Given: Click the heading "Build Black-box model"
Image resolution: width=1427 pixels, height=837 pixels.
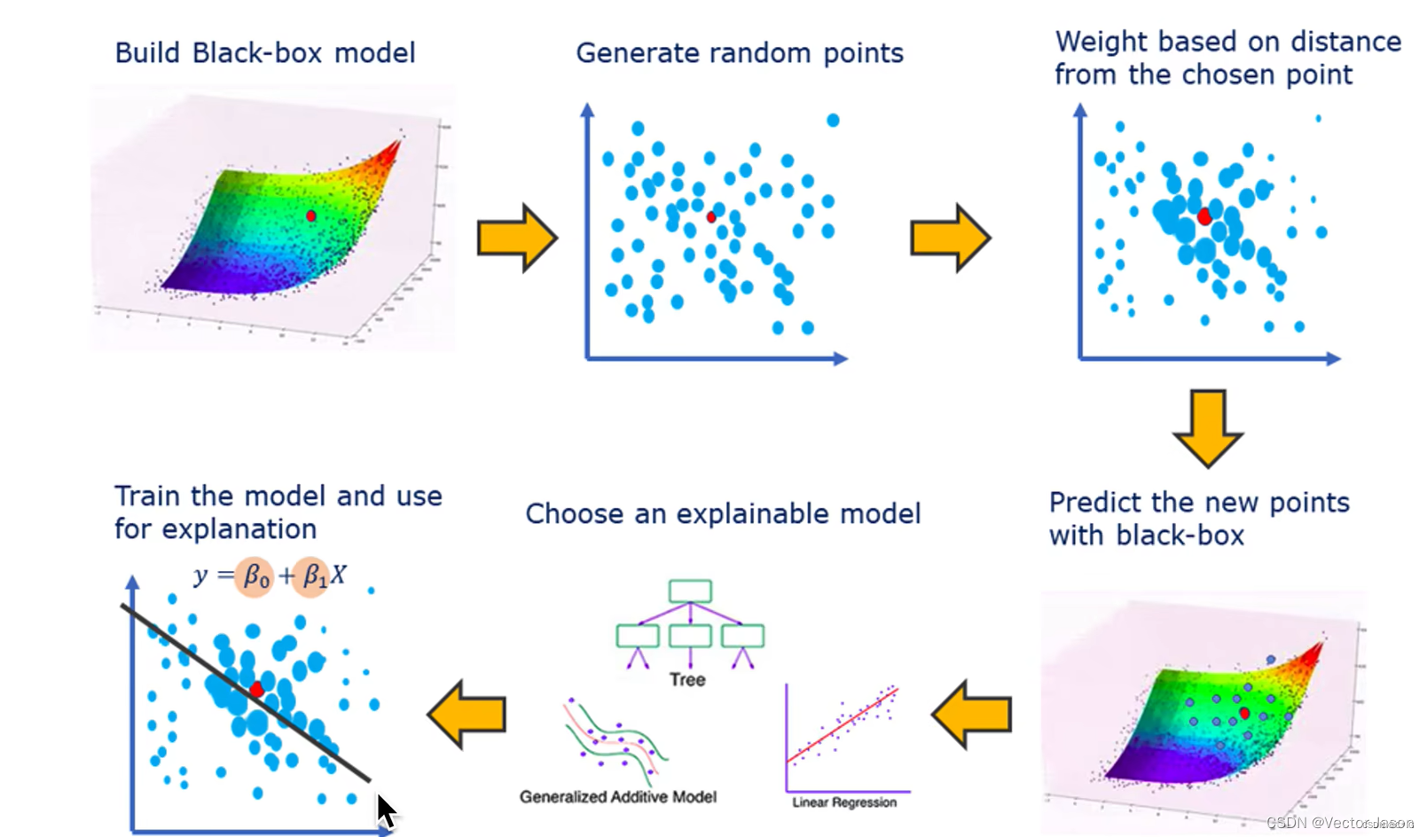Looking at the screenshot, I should [x=264, y=53].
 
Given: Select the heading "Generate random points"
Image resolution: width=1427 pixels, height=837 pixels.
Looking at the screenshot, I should [x=740, y=53].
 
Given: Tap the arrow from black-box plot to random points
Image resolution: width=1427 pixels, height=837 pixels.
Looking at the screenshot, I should [x=517, y=238].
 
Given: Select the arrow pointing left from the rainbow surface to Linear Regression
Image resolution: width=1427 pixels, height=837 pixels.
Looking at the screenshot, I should [x=971, y=714].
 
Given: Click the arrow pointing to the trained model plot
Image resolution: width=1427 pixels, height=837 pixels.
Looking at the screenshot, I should [x=467, y=714].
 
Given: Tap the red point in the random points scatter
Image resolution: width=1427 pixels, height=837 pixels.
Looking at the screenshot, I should [x=711, y=217].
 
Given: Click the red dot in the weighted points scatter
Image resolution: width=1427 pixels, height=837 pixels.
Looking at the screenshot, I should [x=1204, y=217].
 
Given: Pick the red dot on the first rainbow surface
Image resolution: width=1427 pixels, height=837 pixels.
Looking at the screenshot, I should [x=310, y=215].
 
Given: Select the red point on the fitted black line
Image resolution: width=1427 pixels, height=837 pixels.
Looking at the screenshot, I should [x=256, y=689].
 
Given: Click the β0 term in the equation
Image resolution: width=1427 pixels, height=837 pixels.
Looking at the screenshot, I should [x=255, y=576].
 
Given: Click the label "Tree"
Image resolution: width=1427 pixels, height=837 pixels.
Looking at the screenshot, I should [x=687, y=680].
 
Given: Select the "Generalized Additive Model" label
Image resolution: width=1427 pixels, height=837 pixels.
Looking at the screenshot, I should [x=618, y=797].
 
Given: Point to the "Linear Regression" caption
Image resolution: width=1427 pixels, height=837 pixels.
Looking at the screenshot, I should [x=844, y=802].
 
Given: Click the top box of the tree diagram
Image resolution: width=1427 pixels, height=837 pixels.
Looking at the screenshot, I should [x=690, y=591].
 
